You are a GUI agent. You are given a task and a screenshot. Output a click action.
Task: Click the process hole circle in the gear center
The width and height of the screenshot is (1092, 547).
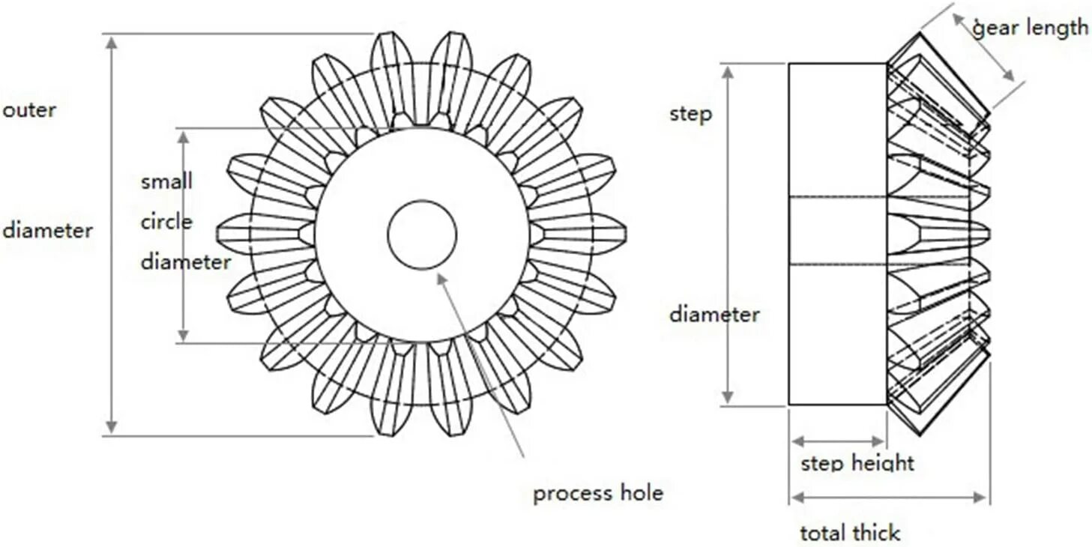pyautogui.click(x=422, y=235)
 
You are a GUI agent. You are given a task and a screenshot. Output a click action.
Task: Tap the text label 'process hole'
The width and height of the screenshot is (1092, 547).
pyautogui.click(x=597, y=494)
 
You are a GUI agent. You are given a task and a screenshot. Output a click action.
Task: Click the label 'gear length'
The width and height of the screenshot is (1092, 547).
pyautogui.click(x=1030, y=28)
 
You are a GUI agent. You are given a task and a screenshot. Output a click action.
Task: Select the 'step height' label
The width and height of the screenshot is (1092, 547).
pyautogui.click(x=857, y=463)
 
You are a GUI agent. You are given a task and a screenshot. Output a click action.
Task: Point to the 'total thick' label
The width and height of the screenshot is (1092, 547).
pyautogui.click(x=850, y=534)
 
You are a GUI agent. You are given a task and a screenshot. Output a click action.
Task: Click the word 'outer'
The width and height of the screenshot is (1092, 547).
pyautogui.click(x=29, y=110)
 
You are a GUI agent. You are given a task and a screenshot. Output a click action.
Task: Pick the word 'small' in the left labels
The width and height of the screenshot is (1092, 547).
pyautogui.click(x=166, y=181)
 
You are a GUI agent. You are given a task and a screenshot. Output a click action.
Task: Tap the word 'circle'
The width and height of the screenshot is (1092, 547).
pyautogui.click(x=166, y=223)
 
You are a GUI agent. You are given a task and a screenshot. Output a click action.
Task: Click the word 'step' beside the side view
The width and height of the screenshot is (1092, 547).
pyautogui.click(x=690, y=115)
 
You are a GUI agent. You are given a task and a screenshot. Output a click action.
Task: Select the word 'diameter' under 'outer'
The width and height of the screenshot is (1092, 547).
pyautogui.click(x=47, y=230)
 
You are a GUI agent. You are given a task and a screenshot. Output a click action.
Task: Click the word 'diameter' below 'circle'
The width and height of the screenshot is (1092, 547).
pyautogui.click(x=186, y=262)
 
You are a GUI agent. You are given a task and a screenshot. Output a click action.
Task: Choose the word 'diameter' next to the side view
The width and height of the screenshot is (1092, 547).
pyautogui.click(x=714, y=314)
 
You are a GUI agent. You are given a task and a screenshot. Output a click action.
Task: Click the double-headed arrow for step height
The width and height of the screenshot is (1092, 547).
pyautogui.click(x=839, y=441)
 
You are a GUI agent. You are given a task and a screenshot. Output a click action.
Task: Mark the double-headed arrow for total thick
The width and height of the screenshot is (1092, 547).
pyautogui.click(x=890, y=497)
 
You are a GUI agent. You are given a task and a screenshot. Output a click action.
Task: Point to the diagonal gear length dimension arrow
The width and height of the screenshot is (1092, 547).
pyautogui.click(x=983, y=47)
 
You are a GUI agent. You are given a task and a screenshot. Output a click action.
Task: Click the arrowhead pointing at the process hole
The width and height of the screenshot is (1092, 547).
pyautogui.click(x=441, y=278)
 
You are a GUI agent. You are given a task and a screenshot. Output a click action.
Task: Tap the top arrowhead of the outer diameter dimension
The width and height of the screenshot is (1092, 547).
pyautogui.click(x=111, y=42)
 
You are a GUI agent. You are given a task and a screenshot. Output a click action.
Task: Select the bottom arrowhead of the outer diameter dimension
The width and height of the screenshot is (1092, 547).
pyautogui.click(x=111, y=427)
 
